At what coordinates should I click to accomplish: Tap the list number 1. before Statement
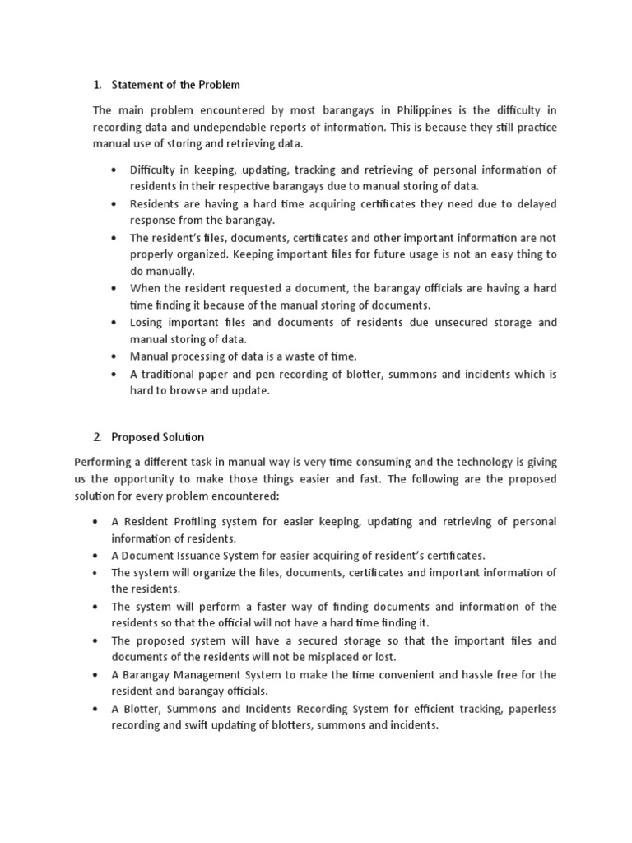(97, 84)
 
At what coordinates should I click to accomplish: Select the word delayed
(531, 203)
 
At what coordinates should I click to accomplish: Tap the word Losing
(147, 322)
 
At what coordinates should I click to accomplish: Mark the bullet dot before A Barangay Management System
(97, 674)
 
